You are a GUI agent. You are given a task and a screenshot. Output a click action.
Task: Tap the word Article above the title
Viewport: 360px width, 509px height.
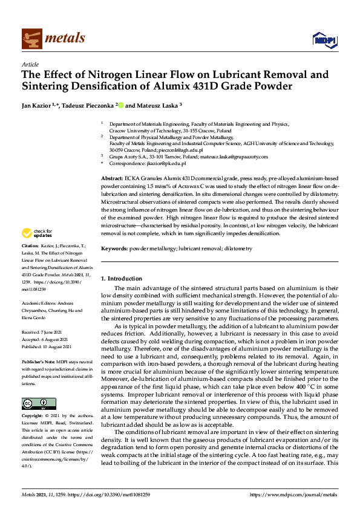point(30,64)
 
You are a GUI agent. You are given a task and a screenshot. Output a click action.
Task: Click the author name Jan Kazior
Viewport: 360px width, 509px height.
point(36,105)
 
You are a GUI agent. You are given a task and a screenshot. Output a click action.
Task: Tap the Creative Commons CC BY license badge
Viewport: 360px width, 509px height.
point(39,403)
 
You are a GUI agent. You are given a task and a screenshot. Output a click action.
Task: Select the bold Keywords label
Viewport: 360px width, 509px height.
point(114,248)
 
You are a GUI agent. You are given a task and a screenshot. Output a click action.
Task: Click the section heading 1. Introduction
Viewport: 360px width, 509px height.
point(121,279)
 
